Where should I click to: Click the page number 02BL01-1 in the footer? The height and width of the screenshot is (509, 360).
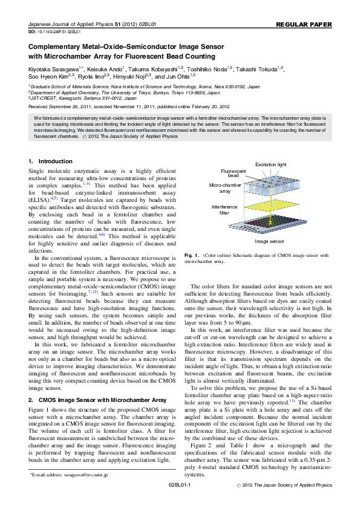click(x=179, y=501)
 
